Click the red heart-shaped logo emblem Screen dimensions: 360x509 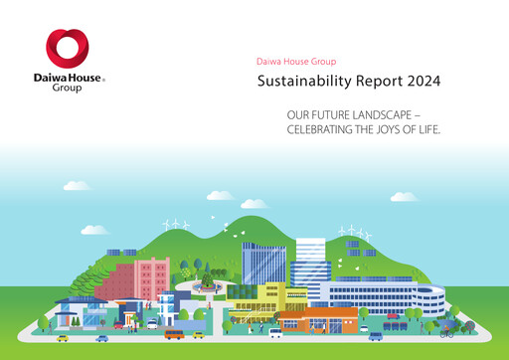[68, 50]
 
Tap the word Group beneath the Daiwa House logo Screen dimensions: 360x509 [68, 88]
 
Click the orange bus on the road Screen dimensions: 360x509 [174, 333]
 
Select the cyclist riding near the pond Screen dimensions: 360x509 [446, 332]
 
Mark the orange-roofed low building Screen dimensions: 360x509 [318, 318]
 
